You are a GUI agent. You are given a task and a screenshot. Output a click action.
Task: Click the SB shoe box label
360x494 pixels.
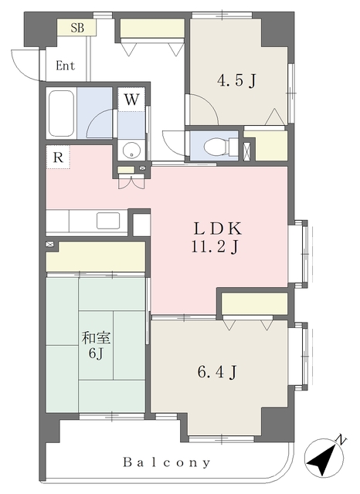coord(77,28)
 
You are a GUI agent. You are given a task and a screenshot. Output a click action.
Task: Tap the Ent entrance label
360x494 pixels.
coord(66,66)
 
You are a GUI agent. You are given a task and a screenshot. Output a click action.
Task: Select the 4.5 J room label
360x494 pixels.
coord(236,81)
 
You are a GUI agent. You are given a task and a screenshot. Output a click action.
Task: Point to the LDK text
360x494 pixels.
coord(218,228)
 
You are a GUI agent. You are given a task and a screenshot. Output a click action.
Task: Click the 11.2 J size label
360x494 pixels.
coord(215,247)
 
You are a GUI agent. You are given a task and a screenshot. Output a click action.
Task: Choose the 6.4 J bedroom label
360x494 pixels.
coord(217,373)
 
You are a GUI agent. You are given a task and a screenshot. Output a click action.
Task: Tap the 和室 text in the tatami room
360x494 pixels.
coord(96,338)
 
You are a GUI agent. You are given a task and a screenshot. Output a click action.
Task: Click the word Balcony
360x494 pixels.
coord(166,462)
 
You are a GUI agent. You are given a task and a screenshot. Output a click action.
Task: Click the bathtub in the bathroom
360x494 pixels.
coord(62,113)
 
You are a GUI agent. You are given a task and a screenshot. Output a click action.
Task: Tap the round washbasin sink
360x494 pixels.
coord(131,151)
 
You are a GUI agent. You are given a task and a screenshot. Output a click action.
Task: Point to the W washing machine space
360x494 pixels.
coord(131,100)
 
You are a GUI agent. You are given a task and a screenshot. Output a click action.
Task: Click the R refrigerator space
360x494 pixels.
coord(58,157)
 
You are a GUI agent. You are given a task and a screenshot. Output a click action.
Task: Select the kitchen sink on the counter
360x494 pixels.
coord(108,221)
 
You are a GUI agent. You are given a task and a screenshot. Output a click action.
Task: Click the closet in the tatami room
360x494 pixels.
coord(96,256)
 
